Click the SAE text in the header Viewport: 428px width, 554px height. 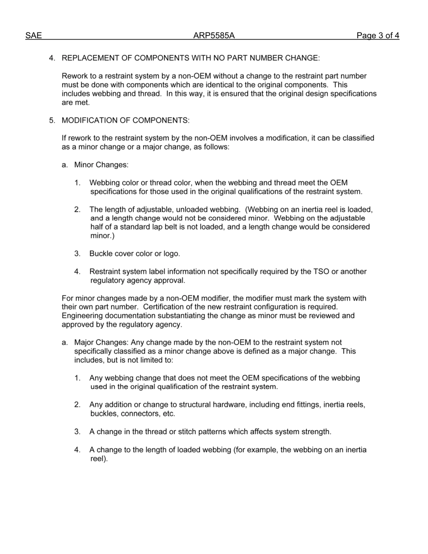point(33,36)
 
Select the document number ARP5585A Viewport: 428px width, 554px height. point(214,36)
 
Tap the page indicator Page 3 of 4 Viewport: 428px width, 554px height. point(378,36)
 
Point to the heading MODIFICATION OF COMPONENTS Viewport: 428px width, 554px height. point(125,120)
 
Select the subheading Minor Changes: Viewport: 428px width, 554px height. point(101,165)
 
